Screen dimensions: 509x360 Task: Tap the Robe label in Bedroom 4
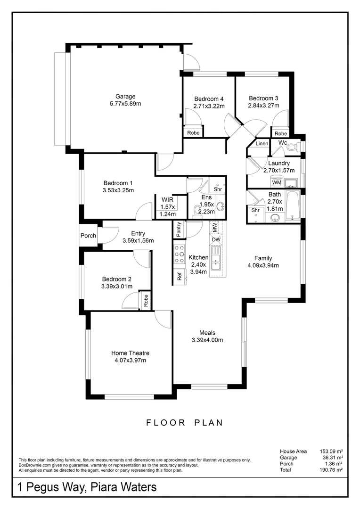(x=193, y=133)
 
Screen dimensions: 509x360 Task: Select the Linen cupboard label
(x=262, y=143)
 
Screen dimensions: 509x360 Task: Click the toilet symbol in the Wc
(x=292, y=148)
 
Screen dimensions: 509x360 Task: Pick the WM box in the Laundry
(x=277, y=182)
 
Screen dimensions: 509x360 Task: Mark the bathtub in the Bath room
(x=293, y=205)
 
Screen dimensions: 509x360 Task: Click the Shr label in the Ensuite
(x=218, y=189)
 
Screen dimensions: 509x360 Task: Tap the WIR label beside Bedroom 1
(x=167, y=199)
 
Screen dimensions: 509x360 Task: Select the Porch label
(x=88, y=236)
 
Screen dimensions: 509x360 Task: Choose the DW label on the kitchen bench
(x=216, y=239)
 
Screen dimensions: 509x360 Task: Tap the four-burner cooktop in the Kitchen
(x=179, y=255)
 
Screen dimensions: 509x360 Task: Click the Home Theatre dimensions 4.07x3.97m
(x=130, y=361)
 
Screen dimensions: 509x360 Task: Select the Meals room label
(x=207, y=332)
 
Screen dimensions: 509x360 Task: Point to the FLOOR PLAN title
(x=184, y=423)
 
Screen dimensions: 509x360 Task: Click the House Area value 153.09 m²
(x=330, y=451)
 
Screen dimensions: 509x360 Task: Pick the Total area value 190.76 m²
(x=330, y=470)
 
